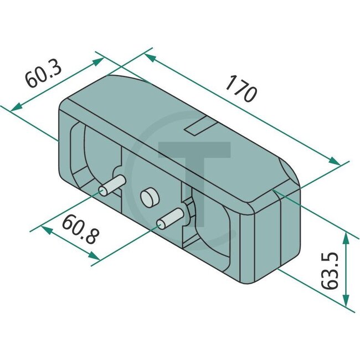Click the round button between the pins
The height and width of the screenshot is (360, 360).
point(148,197)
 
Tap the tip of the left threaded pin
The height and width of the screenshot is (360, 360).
point(104,191)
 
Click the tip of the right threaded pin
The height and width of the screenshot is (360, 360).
point(162,223)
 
